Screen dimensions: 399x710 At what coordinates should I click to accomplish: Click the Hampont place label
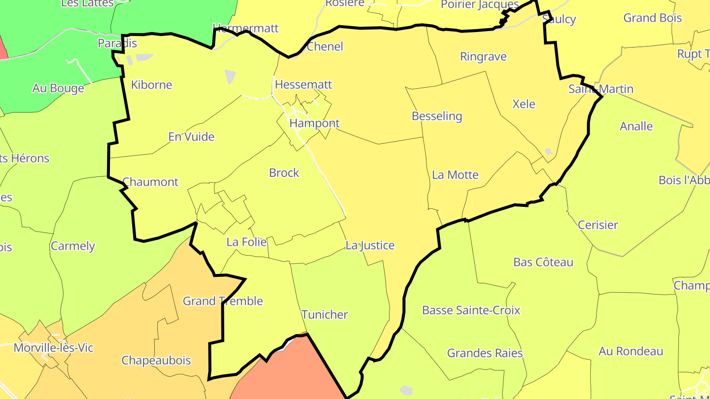coord(315,123)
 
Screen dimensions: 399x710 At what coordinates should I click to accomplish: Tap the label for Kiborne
coord(151,85)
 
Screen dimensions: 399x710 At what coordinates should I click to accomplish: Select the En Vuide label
coord(191,136)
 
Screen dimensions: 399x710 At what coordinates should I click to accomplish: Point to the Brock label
coord(284,173)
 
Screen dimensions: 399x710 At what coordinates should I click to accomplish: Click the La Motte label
coord(455,175)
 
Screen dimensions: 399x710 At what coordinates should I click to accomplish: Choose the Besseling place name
coord(437,116)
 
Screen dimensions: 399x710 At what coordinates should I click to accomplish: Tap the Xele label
coord(524,104)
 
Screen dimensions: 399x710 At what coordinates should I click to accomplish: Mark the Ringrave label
coord(483,57)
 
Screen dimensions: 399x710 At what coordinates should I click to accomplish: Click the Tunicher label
coord(324,315)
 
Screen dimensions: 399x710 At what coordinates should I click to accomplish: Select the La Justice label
coord(370,245)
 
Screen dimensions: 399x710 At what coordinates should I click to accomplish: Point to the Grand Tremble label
coord(223,301)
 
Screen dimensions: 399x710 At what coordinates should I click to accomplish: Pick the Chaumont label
coord(150,182)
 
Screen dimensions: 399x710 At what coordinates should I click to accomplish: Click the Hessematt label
coord(303,85)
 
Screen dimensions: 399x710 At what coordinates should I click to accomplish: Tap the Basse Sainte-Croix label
coord(471,310)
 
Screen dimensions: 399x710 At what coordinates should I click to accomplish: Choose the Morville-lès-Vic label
coord(53,348)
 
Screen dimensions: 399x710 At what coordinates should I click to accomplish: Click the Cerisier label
coord(598,225)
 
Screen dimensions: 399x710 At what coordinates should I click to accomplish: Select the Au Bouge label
coord(58,89)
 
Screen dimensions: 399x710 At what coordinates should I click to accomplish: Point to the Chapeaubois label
coord(156,361)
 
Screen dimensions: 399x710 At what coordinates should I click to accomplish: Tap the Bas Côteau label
coord(543,262)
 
